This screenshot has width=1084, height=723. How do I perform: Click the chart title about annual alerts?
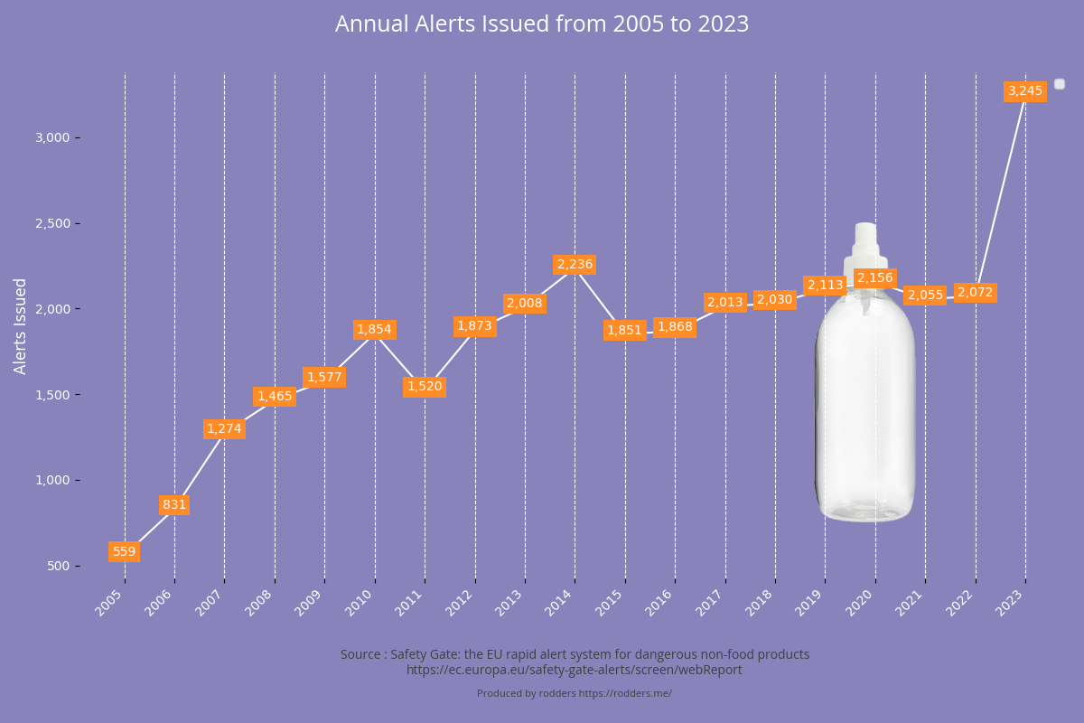542,24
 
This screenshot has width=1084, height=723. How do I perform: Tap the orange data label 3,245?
1025,90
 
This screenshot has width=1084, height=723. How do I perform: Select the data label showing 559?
124,551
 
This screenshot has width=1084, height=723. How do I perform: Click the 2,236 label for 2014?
575,265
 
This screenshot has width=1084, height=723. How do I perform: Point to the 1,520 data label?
425,387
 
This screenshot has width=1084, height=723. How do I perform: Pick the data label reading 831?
174,504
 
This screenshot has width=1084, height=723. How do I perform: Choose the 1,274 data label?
224,428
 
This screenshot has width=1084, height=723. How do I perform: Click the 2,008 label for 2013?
525,303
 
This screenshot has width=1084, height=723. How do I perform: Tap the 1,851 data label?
624,330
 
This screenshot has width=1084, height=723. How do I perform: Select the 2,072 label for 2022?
975,292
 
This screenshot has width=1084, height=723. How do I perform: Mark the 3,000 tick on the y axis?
51,137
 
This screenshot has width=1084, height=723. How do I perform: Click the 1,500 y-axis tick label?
51,395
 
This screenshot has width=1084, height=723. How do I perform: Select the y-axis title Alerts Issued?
21,325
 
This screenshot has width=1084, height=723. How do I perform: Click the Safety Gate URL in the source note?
575,670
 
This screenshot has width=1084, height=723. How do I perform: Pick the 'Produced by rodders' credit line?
575,693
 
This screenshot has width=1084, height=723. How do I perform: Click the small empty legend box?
1060,84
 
